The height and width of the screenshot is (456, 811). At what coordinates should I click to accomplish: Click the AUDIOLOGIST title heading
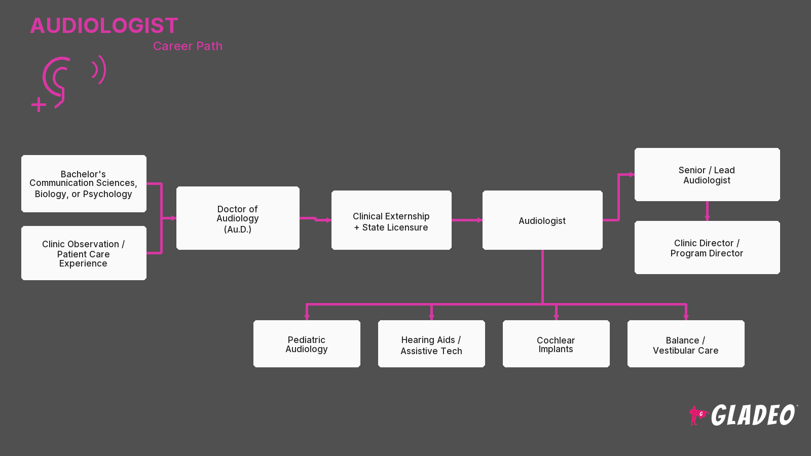[x=104, y=26]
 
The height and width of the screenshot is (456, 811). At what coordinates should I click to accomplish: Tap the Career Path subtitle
[x=188, y=46]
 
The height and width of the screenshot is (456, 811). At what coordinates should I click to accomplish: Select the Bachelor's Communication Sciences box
[x=84, y=183]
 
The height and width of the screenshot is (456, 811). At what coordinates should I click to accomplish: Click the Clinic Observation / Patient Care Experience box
[x=84, y=253]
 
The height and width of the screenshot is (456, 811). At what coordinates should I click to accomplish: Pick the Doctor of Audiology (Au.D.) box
[x=238, y=218]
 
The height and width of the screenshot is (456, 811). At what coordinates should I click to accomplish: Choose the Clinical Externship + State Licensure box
[x=391, y=220]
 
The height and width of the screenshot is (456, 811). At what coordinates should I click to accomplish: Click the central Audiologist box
[x=542, y=220]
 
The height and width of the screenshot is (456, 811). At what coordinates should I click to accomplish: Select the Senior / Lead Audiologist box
[x=707, y=174]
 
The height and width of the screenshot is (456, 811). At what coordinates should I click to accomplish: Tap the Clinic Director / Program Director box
[x=707, y=248]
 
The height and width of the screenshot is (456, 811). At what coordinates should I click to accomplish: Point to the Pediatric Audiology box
[x=307, y=344]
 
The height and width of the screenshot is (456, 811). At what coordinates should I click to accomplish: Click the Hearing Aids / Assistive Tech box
[x=431, y=344]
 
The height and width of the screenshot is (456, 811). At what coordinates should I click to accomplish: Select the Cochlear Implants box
[x=556, y=344]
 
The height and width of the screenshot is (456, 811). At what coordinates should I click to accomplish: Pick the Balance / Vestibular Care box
[x=686, y=344]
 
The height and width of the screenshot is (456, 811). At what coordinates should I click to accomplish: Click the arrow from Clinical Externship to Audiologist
[x=467, y=220]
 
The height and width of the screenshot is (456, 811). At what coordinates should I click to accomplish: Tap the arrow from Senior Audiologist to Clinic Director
[x=707, y=211]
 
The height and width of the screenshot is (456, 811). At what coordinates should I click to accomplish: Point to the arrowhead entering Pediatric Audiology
[x=307, y=317]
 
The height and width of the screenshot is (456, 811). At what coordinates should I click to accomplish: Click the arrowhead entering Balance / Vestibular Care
[x=686, y=317]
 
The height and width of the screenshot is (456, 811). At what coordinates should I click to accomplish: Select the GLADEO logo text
[x=753, y=415]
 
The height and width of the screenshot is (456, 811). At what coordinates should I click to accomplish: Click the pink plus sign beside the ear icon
[x=39, y=105]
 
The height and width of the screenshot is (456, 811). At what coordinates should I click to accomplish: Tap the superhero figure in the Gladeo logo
[x=697, y=415]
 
